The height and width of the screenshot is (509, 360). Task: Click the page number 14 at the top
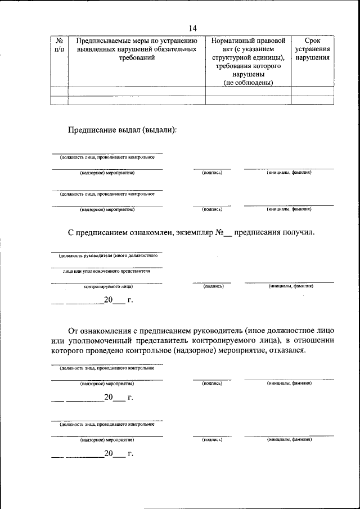[x=192, y=28]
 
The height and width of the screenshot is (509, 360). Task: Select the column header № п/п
[x=59, y=46]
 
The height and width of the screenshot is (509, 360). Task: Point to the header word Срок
[x=312, y=41]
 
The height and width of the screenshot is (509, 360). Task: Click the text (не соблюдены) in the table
[x=248, y=82]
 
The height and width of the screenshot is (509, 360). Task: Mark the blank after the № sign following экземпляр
[x=228, y=233]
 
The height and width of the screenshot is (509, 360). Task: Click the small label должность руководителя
[x=85, y=255]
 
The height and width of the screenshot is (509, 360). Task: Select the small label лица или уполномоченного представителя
[x=107, y=271]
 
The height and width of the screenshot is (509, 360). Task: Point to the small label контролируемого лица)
[x=108, y=286]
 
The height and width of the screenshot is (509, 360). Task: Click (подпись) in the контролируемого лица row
[x=214, y=286]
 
